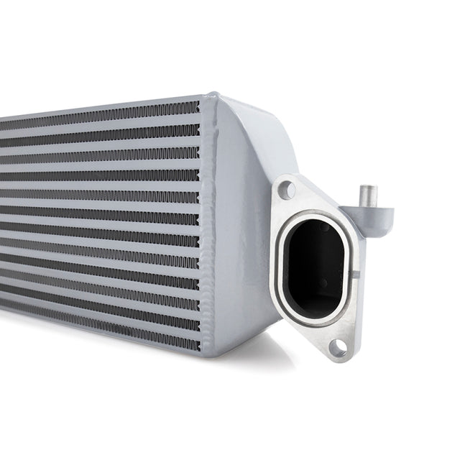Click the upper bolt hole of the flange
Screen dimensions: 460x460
(286, 190)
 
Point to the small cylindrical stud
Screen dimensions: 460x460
(369, 196)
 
